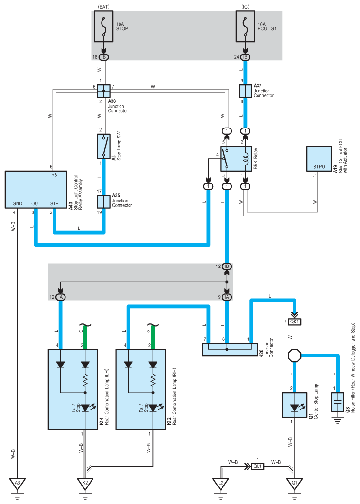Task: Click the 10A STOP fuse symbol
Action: pos(103,27)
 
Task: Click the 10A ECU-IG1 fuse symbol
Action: pos(245,27)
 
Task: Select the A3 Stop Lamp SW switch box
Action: pos(103,147)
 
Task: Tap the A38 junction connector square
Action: pos(103,91)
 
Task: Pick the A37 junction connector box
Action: pos(245,91)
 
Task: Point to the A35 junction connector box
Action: pos(103,202)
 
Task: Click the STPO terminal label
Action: pos(319,167)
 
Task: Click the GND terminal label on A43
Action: pos(18,203)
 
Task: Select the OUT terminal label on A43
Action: pos(36,203)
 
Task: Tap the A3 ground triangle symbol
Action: pos(18,484)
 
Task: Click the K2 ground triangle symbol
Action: pos(85,484)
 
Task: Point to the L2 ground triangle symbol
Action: pos(221,484)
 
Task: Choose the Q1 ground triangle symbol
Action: pos(295,484)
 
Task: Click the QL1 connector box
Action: pos(258,466)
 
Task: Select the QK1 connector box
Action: pos(295,321)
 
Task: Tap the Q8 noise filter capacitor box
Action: pos(338,402)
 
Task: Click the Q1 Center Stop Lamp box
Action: pos(295,405)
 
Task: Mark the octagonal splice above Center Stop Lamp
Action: pos(295,356)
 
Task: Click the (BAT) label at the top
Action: pos(103,6)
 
